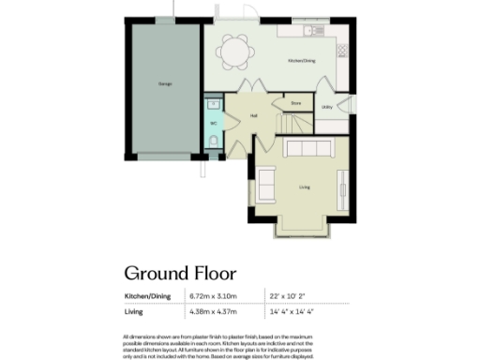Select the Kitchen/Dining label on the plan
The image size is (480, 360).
[301, 60]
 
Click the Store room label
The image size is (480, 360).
[296, 103]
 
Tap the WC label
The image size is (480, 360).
[214, 122]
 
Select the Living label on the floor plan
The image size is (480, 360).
[305, 187]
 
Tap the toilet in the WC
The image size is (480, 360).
[215, 141]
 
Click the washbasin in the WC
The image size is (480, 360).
[213, 107]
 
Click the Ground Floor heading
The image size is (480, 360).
[181, 274]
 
